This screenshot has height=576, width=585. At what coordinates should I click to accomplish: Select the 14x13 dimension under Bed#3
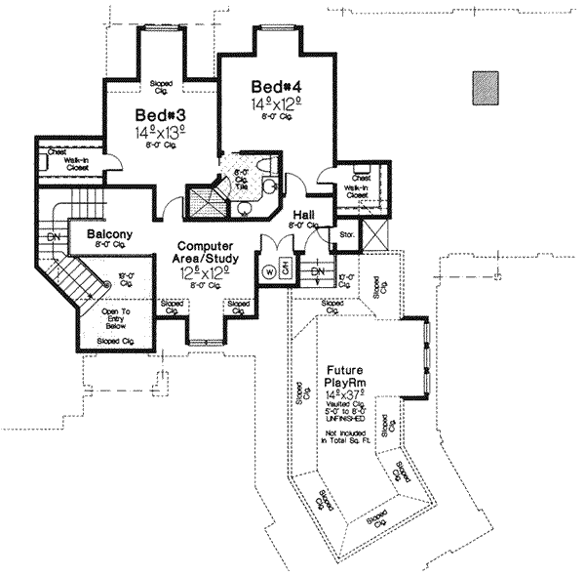156,130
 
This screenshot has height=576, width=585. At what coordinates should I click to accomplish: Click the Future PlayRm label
345,377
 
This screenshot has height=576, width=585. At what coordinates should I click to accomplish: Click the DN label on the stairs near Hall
316,270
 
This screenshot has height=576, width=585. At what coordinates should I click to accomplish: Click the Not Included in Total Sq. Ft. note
345,436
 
